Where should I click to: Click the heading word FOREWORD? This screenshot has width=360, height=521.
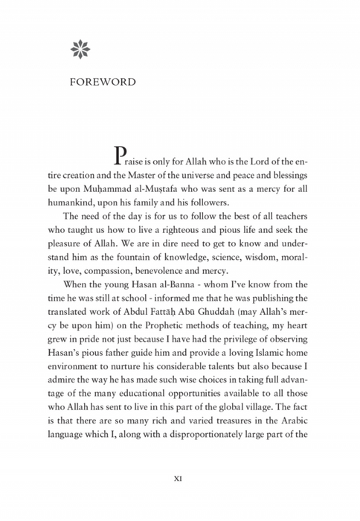pyautogui.click(x=103, y=82)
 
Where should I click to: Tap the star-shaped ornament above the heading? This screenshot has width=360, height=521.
pyautogui.click(x=80, y=49)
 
